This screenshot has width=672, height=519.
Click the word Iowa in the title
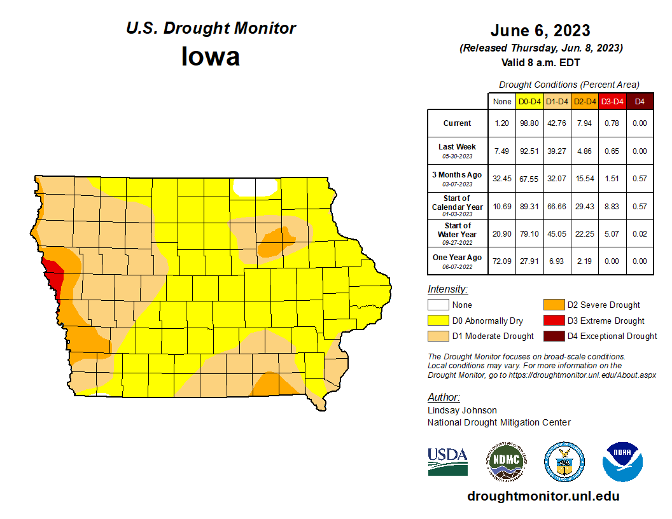click(x=211, y=57)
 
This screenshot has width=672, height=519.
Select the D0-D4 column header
click(x=529, y=101)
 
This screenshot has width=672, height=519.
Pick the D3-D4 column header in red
click(x=612, y=101)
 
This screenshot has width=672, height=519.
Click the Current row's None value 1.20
click(x=502, y=123)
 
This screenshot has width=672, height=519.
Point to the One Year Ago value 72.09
click(x=502, y=261)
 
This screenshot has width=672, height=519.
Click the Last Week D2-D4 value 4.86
click(x=584, y=151)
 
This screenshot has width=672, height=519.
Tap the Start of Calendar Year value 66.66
click(x=557, y=206)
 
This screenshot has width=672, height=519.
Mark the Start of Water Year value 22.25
click(x=584, y=233)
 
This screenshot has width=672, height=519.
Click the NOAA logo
click(x=622, y=462)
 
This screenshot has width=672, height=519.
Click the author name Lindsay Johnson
click(x=462, y=410)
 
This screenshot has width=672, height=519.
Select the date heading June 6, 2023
click(x=540, y=31)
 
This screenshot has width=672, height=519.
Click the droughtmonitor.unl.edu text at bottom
click(x=543, y=496)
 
